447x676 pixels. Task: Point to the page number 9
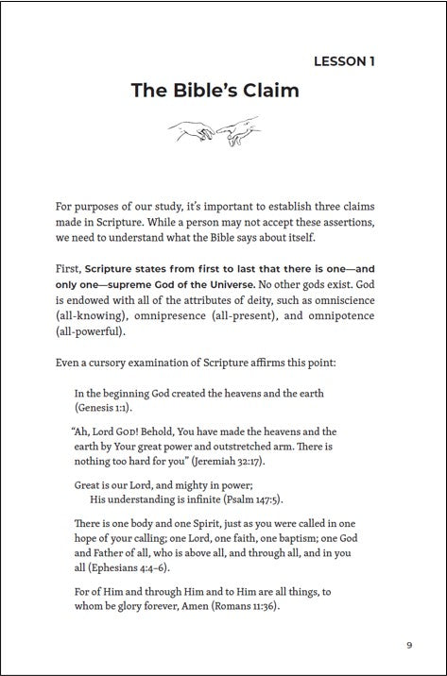[x=409, y=645]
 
